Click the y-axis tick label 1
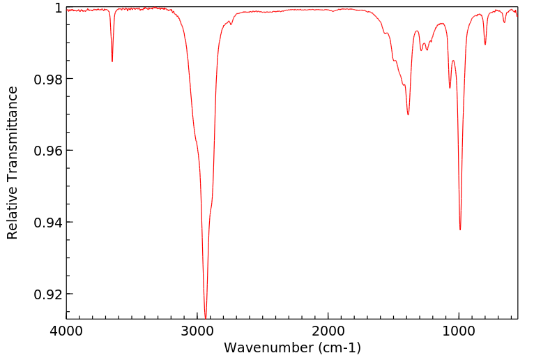[x=59, y=8]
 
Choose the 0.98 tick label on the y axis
[x=48, y=79]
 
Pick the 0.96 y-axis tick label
[x=48, y=151]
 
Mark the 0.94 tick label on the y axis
[x=48, y=223]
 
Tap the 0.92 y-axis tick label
[x=48, y=294]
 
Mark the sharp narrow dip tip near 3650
[x=112, y=61]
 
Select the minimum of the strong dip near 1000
[x=460, y=230]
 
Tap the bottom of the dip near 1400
[x=408, y=114]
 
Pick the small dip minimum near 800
[x=485, y=44]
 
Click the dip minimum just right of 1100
[x=450, y=88]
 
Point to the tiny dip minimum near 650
[x=505, y=22]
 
